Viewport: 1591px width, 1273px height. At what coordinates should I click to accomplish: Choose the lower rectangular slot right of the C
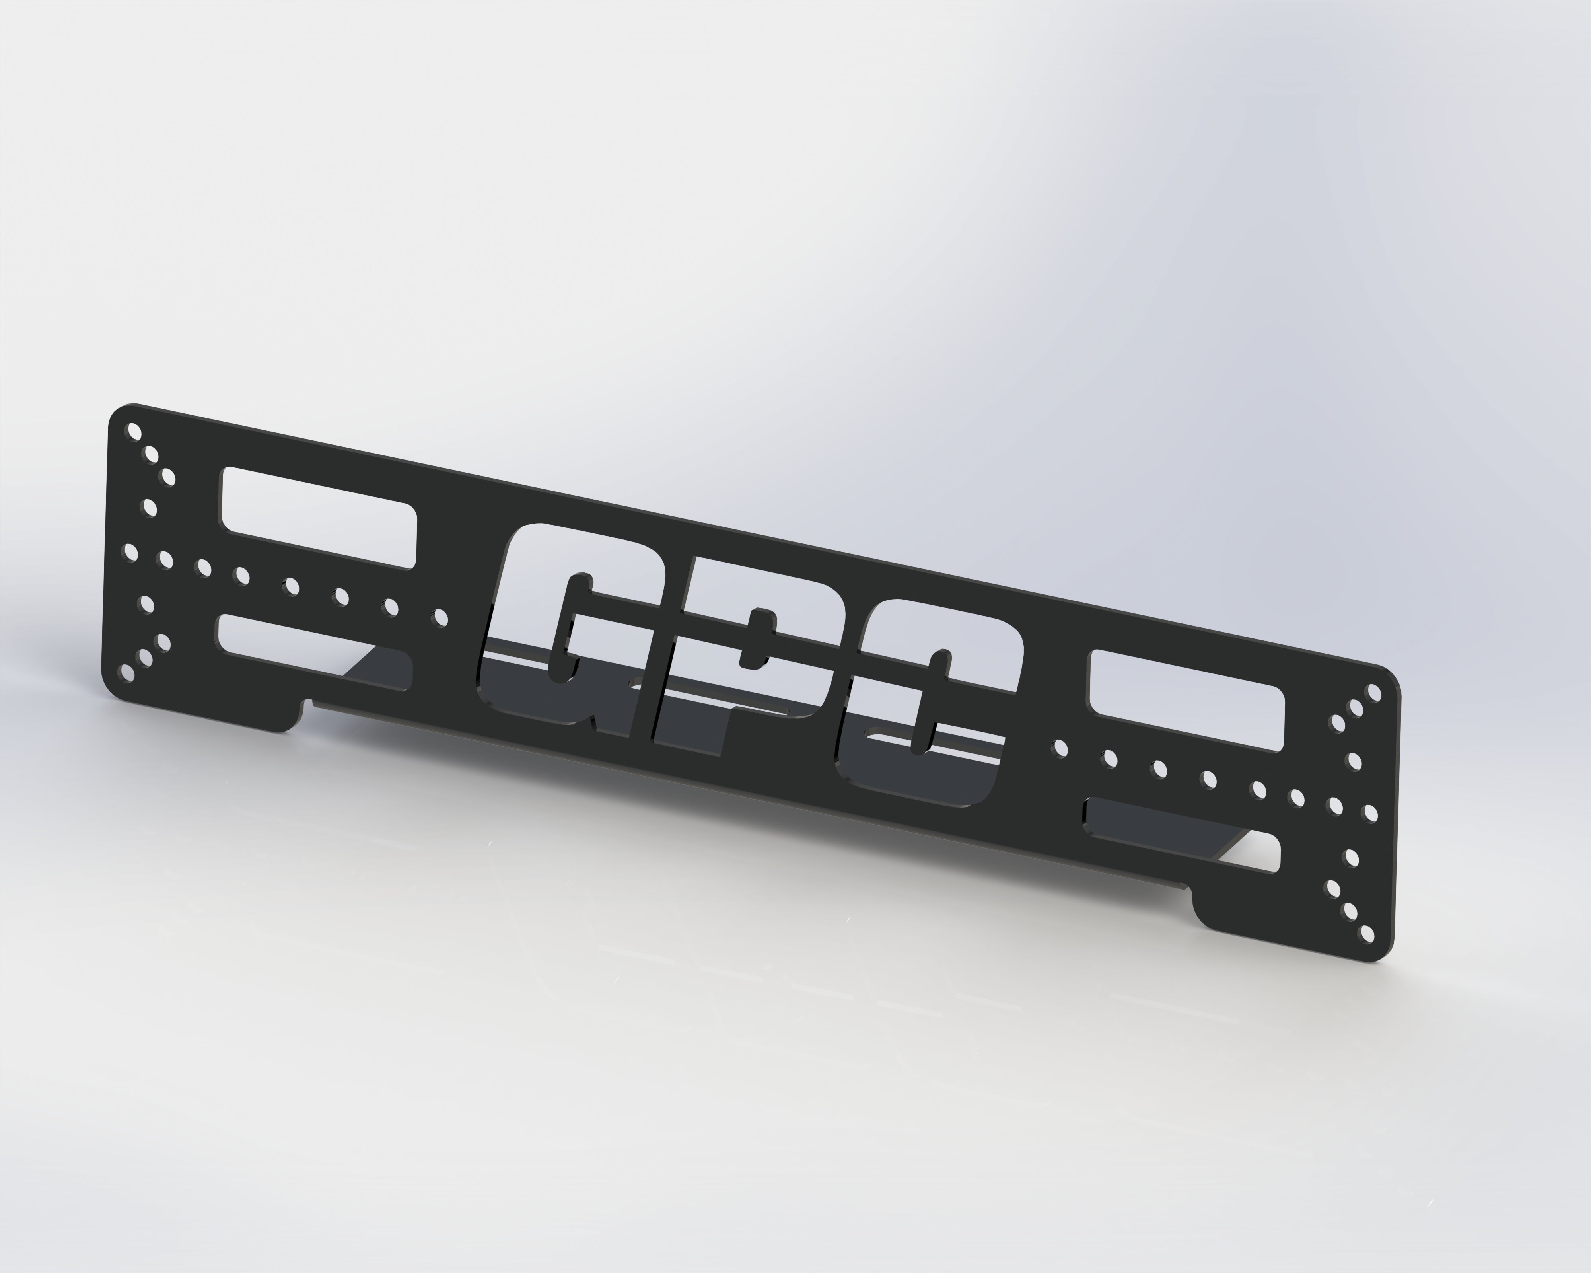[1181, 834]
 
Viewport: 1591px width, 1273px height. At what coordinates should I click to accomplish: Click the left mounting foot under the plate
[206, 701]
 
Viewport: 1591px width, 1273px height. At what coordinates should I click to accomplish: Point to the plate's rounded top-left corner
[118, 413]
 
